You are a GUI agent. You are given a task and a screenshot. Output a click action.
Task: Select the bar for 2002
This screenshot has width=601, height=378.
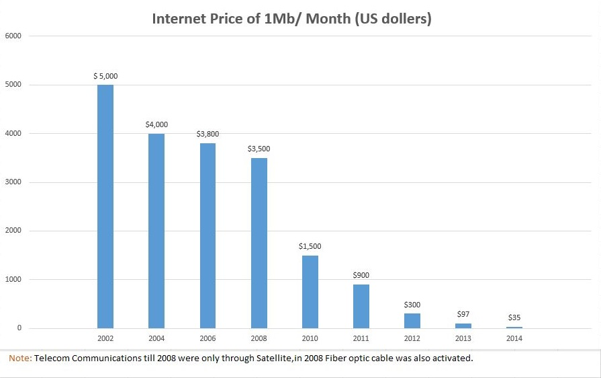[105, 206]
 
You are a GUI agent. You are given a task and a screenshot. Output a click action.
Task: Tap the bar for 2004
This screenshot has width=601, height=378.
[156, 231]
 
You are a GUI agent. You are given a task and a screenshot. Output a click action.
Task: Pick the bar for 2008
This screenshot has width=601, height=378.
[259, 243]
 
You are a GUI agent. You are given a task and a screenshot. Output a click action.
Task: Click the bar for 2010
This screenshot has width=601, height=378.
[310, 292]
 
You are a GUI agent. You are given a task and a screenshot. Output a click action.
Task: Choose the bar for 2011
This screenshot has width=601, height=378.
[361, 306]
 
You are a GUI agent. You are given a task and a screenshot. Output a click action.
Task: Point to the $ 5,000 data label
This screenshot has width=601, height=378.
[105, 77]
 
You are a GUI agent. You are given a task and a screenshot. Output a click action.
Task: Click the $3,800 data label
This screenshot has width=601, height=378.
[207, 135]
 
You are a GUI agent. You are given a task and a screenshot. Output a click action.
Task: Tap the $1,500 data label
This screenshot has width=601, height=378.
[310, 247]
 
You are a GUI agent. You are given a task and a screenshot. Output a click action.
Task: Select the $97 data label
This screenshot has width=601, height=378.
[463, 314]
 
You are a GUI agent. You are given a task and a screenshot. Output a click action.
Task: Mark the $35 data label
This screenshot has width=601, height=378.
[514, 317]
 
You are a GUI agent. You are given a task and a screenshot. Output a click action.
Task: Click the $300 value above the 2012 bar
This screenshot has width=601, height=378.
[412, 305]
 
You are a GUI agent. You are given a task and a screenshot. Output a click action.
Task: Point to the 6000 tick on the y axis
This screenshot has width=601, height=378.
[14, 36]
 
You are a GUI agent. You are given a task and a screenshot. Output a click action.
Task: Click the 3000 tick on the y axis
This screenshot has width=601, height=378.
[14, 182]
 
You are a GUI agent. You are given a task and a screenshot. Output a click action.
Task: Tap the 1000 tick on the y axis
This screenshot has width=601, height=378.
[14, 280]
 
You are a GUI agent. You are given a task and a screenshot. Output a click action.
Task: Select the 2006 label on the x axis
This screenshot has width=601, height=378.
[207, 338]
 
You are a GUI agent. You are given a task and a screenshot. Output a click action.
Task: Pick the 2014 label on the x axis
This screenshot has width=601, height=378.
[514, 338]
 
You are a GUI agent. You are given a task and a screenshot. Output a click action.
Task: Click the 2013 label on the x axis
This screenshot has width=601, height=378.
[463, 338]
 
